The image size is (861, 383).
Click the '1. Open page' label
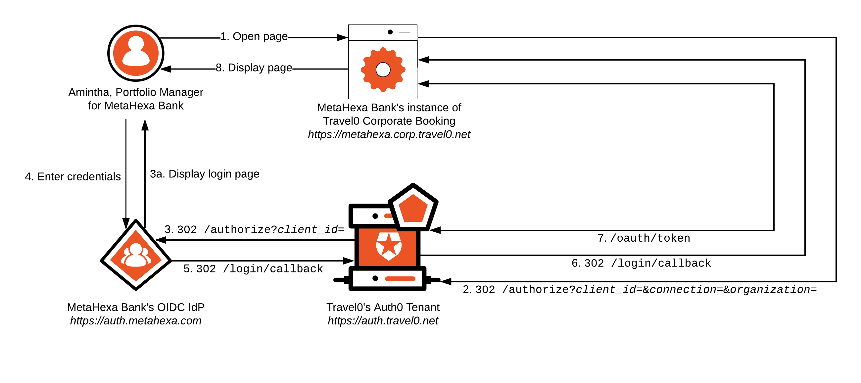point(254,36)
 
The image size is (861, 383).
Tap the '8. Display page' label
point(254,68)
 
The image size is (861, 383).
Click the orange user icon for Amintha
point(136,53)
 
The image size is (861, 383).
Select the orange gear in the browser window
point(383,70)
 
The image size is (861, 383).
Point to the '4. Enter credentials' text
point(73,177)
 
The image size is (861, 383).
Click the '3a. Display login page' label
point(205,174)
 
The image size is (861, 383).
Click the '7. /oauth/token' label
point(644,238)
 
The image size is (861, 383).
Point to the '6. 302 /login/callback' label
point(641,263)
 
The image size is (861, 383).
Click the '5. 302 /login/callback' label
point(253,269)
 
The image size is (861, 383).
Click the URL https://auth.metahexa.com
point(136,321)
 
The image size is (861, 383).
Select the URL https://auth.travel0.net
point(383,321)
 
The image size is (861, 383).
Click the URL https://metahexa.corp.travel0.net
point(389,134)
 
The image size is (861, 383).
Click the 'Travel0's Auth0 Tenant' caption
point(383,308)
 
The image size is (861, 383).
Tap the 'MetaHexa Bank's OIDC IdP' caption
point(136,308)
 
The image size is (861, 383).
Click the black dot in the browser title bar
point(390,32)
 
